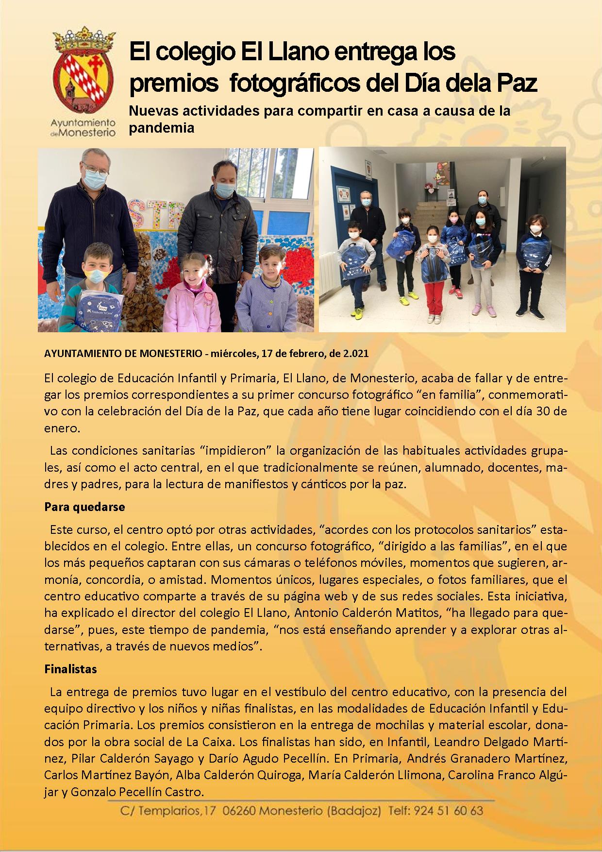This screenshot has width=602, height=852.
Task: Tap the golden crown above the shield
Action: [x=84, y=42]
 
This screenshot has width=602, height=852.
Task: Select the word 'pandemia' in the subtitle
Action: [x=161, y=128]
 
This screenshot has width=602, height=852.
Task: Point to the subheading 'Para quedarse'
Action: [x=84, y=507]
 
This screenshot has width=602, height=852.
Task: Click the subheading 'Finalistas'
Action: [x=70, y=669]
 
